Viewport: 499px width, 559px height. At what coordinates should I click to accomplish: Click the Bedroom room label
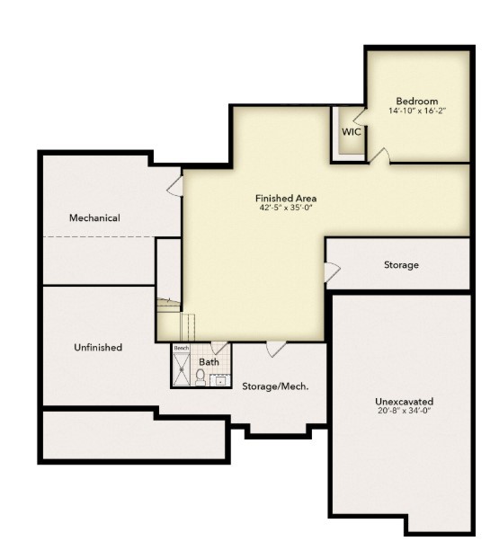coord(416,101)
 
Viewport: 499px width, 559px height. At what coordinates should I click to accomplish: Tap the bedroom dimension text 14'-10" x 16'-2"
coord(416,111)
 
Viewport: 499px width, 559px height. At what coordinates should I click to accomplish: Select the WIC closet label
coord(351,132)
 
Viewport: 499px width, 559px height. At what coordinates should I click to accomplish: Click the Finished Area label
coord(286,198)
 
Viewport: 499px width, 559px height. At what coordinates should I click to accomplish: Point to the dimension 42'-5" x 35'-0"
coord(286,208)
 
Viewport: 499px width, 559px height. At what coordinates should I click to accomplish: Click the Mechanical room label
coord(94,217)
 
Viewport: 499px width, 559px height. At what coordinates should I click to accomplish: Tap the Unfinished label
coord(98,347)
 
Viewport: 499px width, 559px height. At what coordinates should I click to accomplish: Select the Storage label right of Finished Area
coord(401,265)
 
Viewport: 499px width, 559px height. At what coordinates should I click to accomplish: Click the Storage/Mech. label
coord(275,386)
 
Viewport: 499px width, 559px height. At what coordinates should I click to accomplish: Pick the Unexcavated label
coord(404,401)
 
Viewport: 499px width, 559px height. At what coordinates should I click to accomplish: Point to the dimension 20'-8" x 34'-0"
coord(404,411)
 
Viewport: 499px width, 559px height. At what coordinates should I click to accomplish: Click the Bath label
coord(209,362)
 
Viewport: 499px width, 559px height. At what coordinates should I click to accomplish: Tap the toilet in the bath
coord(200,376)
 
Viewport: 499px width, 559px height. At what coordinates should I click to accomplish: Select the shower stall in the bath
coord(183,369)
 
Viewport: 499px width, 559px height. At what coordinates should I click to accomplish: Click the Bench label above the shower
coord(182,348)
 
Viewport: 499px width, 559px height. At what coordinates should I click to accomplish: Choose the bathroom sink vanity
coord(221,380)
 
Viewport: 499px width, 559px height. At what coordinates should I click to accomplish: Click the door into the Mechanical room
coord(175,185)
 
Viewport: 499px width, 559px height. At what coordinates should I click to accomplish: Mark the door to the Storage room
coord(332,271)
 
